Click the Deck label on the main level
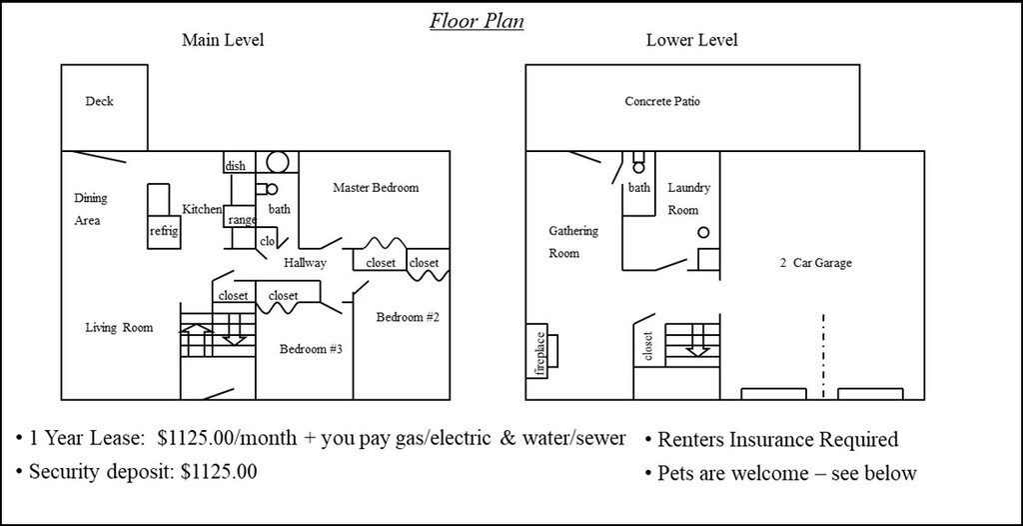(x=99, y=101)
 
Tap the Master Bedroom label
(x=376, y=188)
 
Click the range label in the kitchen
(x=242, y=220)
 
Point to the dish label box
(x=236, y=166)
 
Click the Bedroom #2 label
(x=408, y=318)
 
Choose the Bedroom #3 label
(x=312, y=349)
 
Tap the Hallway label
(x=305, y=263)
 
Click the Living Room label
(x=120, y=327)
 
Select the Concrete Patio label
(x=662, y=101)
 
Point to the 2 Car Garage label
(x=815, y=263)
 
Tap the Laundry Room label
(x=688, y=199)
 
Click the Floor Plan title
(x=477, y=21)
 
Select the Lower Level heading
(x=691, y=40)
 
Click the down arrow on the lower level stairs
(x=697, y=342)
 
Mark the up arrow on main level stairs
(x=197, y=340)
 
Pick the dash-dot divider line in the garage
(x=823, y=356)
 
